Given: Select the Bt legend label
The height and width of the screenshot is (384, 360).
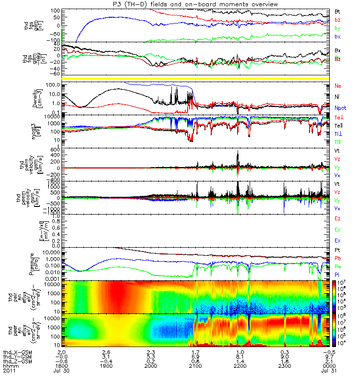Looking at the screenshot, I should click(337, 11).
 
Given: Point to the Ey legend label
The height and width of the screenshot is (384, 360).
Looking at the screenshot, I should click(337, 229).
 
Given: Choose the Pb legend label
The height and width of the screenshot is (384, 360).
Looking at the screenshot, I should click(337, 258).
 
